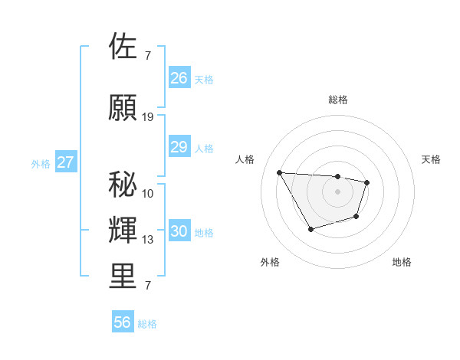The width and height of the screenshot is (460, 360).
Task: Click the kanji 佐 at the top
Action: (124, 46)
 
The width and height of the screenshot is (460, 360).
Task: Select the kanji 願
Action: (124, 107)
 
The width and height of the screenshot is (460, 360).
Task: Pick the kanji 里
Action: (124, 277)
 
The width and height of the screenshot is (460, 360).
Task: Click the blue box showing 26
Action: (179, 78)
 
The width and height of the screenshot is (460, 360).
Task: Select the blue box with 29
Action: (179, 147)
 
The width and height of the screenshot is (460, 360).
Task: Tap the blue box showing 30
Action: (179, 232)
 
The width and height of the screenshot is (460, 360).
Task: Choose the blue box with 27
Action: (66, 162)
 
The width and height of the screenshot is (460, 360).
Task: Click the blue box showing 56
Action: (123, 322)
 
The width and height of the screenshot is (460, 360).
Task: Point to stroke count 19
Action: (148, 116)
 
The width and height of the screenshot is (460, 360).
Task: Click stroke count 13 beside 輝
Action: (148, 240)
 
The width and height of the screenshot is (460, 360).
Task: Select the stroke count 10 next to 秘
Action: (148, 193)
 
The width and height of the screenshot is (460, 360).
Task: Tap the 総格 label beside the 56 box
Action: (148, 324)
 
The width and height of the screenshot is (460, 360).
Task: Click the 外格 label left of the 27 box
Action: (41, 163)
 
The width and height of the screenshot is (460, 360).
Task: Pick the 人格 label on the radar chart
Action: (245, 159)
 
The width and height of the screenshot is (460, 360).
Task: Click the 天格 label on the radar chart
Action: (431, 159)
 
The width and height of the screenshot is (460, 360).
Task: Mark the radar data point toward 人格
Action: (279, 172)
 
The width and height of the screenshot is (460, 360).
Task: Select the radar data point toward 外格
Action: (310, 229)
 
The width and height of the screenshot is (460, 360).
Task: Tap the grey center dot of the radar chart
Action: (337, 191)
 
